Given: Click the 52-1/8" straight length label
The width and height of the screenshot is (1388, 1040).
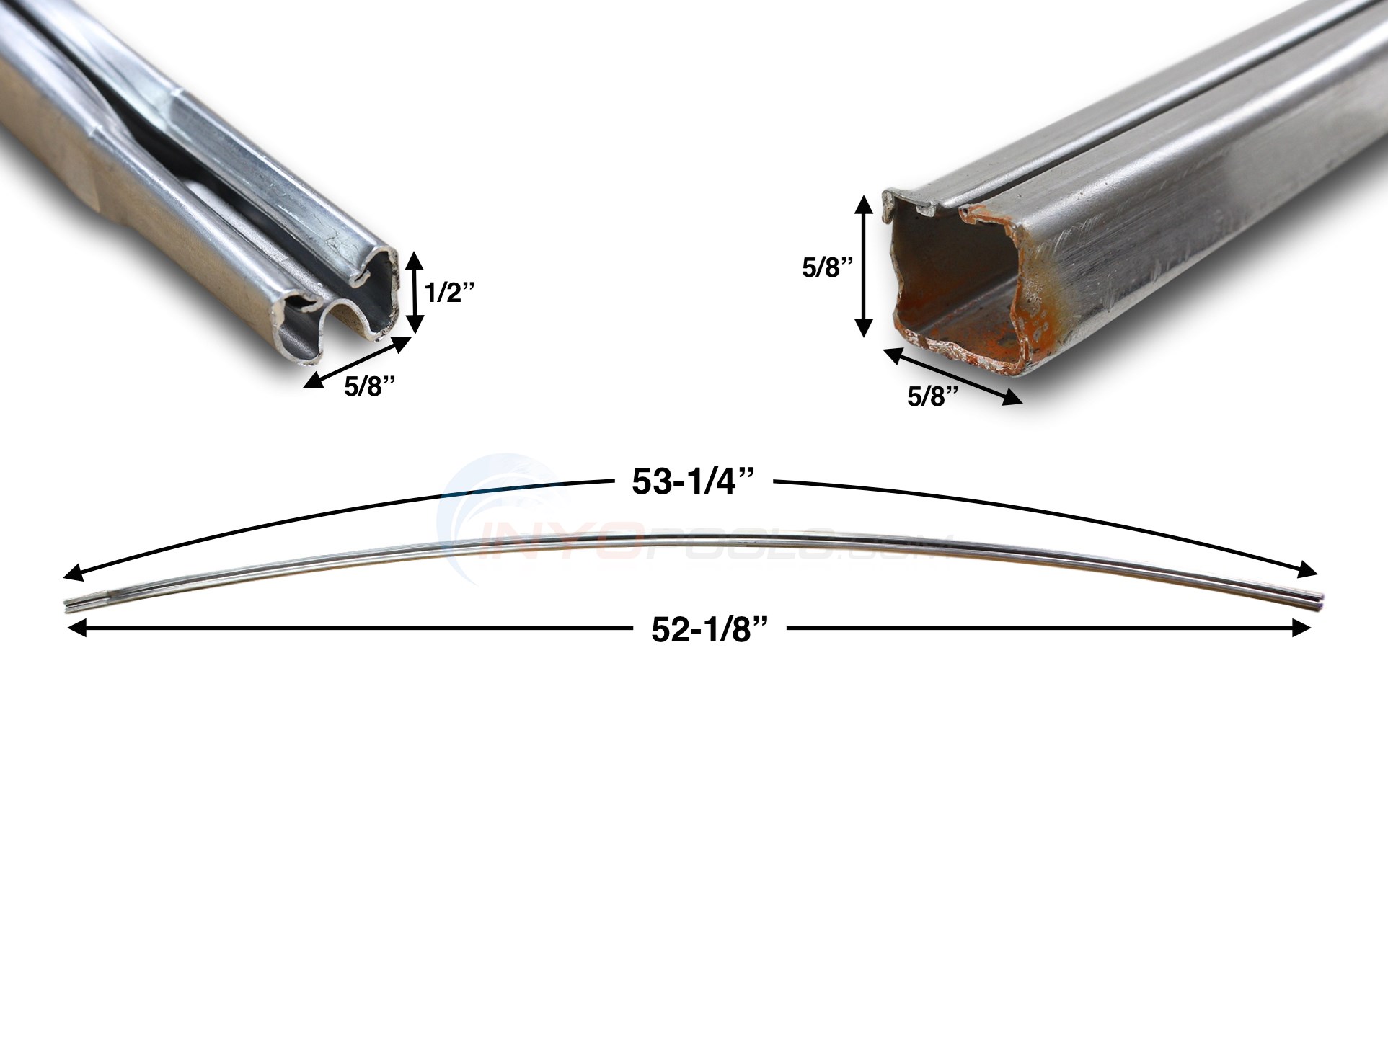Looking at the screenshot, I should tap(707, 631).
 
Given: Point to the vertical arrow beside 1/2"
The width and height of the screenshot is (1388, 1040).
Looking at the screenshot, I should tap(412, 292).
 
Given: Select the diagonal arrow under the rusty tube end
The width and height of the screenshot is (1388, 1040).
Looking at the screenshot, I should tap(952, 376).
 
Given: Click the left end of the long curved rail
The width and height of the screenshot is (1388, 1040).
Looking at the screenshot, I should tap(69, 605).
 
